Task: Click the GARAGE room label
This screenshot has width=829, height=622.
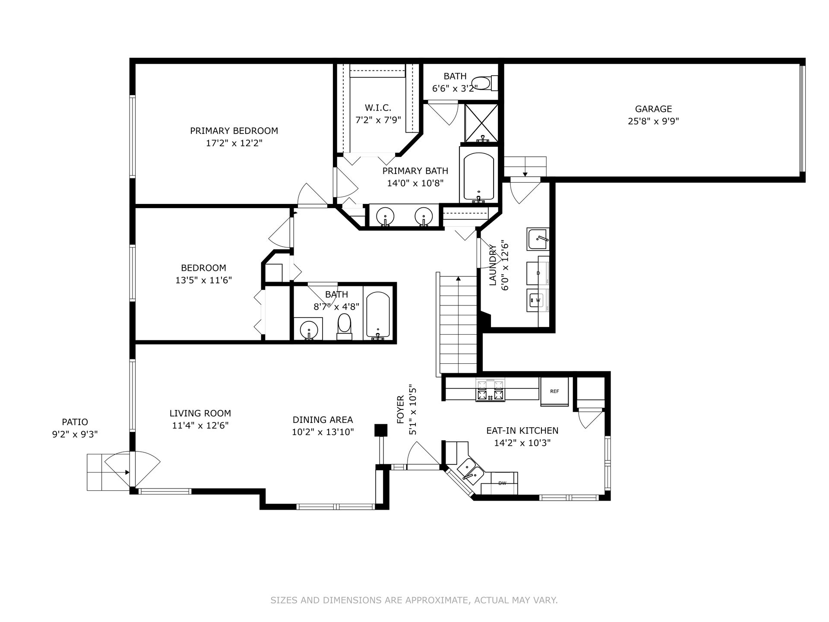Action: pyautogui.click(x=653, y=109)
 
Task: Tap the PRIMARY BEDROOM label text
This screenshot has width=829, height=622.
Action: pyautogui.click(x=234, y=130)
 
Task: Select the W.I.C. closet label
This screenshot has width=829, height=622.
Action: pyautogui.click(x=378, y=108)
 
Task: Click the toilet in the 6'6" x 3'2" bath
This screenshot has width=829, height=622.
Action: pyautogui.click(x=484, y=83)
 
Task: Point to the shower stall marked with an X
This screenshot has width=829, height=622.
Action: pyautogui.click(x=481, y=123)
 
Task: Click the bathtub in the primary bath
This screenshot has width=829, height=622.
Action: pyautogui.click(x=479, y=177)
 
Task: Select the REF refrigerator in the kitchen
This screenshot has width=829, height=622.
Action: pyautogui.click(x=555, y=391)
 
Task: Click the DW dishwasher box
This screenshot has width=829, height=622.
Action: pyautogui.click(x=503, y=483)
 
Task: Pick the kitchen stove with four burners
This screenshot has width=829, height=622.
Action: pyautogui.click(x=490, y=390)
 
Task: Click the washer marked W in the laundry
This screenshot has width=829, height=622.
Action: pyautogui.click(x=538, y=300)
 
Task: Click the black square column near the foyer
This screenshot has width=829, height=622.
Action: pyautogui.click(x=381, y=431)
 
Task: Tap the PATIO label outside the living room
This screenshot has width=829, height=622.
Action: pyautogui.click(x=75, y=422)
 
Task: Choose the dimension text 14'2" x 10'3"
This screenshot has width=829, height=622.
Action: pyautogui.click(x=522, y=443)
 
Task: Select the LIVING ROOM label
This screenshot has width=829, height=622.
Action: pyautogui.click(x=200, y=413)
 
